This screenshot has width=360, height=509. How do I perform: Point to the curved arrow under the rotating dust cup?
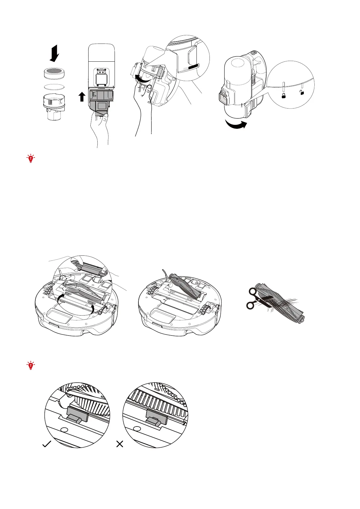point(236,125)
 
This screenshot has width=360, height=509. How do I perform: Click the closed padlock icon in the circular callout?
point(284,96)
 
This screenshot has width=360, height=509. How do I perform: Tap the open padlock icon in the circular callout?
point(302,92)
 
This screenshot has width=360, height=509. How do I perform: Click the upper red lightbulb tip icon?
point(31,158)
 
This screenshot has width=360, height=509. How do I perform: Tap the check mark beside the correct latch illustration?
point(47,444)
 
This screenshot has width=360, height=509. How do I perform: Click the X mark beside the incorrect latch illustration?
point(120,444)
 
